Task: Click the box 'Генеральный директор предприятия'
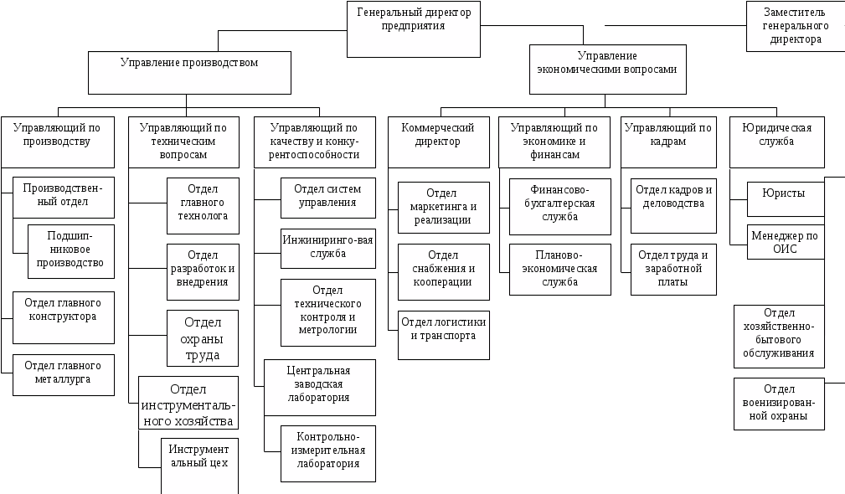(414, 29)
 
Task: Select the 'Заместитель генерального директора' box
(795, 26)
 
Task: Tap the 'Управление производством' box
(190, 72)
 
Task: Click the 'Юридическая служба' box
(777, 141)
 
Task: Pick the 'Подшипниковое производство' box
(70, 250)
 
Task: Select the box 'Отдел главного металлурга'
(64, 373)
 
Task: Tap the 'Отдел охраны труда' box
(202, 338)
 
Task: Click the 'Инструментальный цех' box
(199, 464)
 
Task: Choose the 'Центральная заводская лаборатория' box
(318, 387)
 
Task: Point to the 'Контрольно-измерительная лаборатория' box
(327, 453)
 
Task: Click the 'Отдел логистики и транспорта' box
(443, 334)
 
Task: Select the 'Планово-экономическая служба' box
(559, 269)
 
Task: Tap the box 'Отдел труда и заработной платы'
(672, 268)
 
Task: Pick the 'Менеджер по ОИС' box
(786, 242)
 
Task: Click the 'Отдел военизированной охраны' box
(778, 404)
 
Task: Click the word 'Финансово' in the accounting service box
(560, 189)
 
